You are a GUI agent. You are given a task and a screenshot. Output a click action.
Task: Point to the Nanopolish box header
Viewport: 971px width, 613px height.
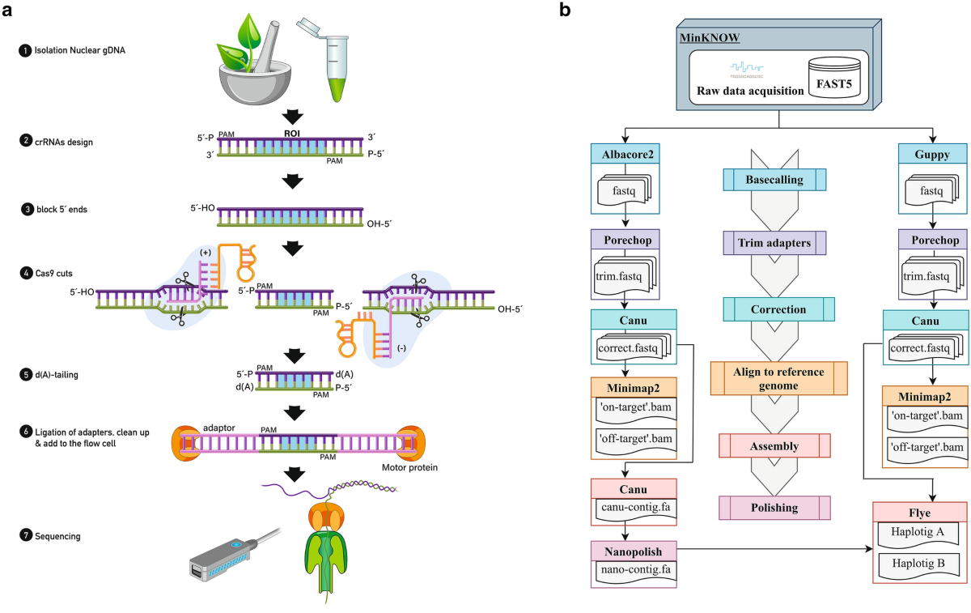634,551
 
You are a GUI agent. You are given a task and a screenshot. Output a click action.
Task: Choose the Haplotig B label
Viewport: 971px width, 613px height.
919,564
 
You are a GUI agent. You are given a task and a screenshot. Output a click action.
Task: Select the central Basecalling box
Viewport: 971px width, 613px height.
775,180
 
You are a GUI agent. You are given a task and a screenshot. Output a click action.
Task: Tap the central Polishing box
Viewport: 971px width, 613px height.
775,508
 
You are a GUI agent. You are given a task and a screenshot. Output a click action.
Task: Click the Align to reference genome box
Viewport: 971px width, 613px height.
778,378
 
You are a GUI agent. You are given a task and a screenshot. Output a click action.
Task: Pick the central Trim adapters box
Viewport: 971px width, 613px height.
775,243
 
